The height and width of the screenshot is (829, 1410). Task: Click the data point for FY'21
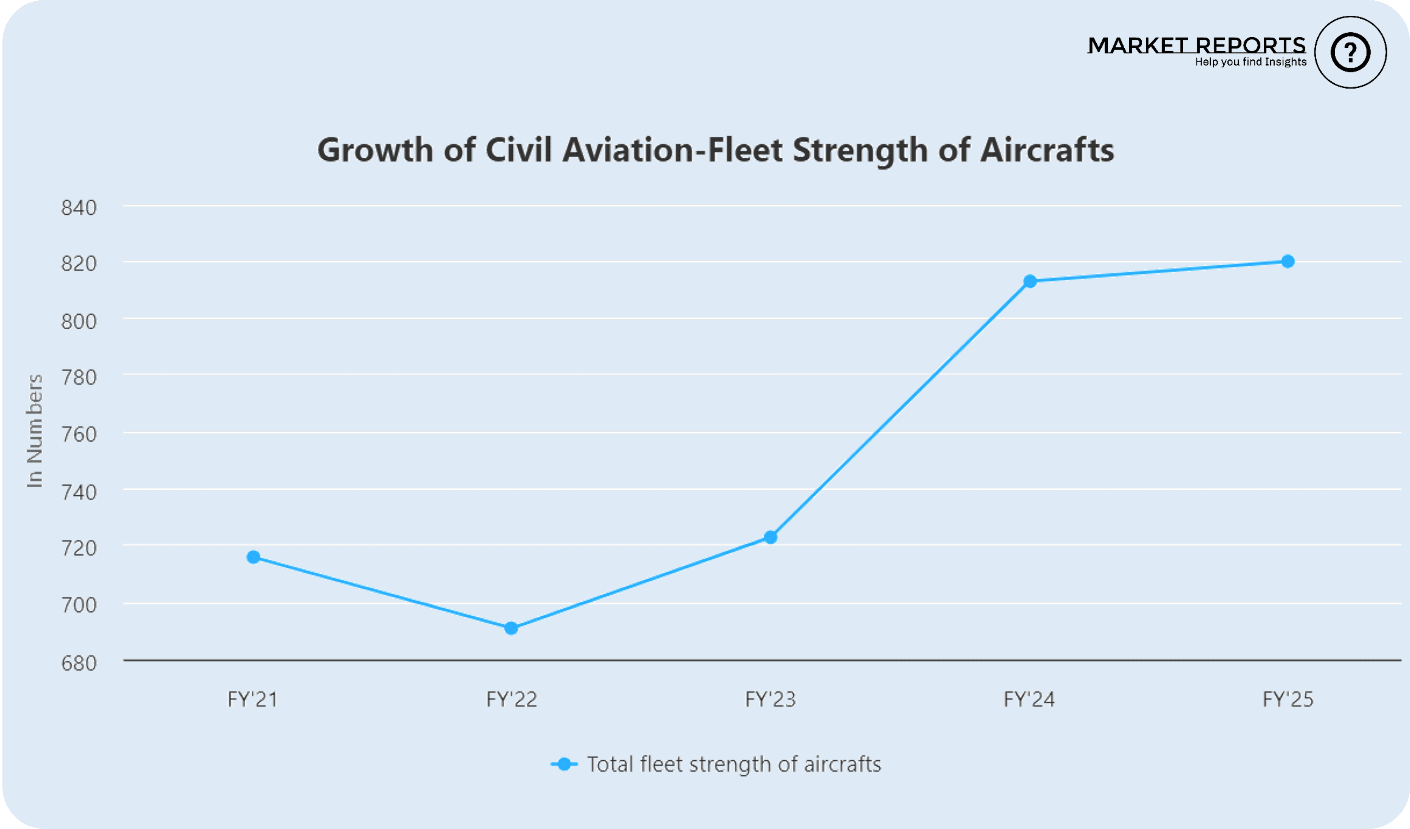(253, 557)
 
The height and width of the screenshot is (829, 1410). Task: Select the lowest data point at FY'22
(511, 628)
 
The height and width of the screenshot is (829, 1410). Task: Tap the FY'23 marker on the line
(770, 537)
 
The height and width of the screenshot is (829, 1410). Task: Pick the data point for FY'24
(1030, 281)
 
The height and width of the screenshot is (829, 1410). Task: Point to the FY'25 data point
(1288, 261)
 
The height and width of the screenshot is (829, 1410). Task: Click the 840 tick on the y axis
(79, 208)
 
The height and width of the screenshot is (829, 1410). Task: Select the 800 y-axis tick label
(79, 321)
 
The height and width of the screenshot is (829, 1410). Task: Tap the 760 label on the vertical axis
(79, 434)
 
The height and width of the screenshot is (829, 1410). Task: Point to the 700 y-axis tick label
(79, 605)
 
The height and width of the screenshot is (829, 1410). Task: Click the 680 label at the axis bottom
(79, 663)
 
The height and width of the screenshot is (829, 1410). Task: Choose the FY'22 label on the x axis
(511, 699)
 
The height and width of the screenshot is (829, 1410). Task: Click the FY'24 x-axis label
(1029, 699)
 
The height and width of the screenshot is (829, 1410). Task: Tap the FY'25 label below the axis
(1288, 699)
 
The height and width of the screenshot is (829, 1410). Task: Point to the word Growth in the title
(375, 150)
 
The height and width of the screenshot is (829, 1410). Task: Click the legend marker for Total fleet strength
(564, 764)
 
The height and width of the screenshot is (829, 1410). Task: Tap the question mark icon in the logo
(1350, 53)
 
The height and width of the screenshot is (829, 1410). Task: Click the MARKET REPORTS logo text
(1196, 45)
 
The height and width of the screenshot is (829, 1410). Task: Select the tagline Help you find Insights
(1250, 62)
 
